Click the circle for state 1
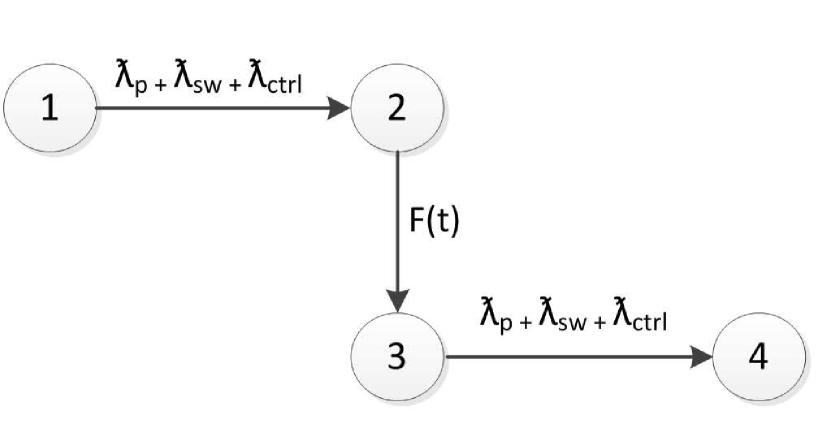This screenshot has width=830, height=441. (x=49, y=108)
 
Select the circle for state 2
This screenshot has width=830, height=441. (x=398, y=108)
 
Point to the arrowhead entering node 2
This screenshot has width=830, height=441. (x=341, y=108)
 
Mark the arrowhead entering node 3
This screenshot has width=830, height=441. (x=398, y=300)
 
